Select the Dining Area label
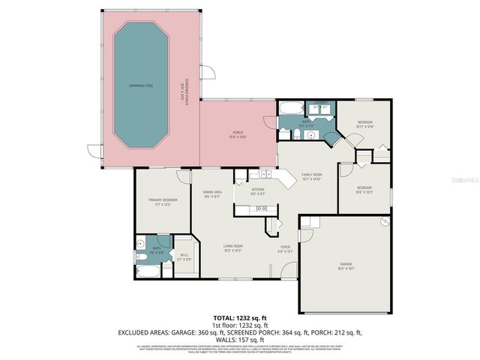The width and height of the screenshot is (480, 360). pos(212,194)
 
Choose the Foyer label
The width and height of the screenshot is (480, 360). pos(285,248)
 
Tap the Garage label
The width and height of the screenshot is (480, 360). pos(346,265)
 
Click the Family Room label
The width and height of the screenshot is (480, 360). pos(311,176)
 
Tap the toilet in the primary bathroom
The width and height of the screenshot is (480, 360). pos(141,256)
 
